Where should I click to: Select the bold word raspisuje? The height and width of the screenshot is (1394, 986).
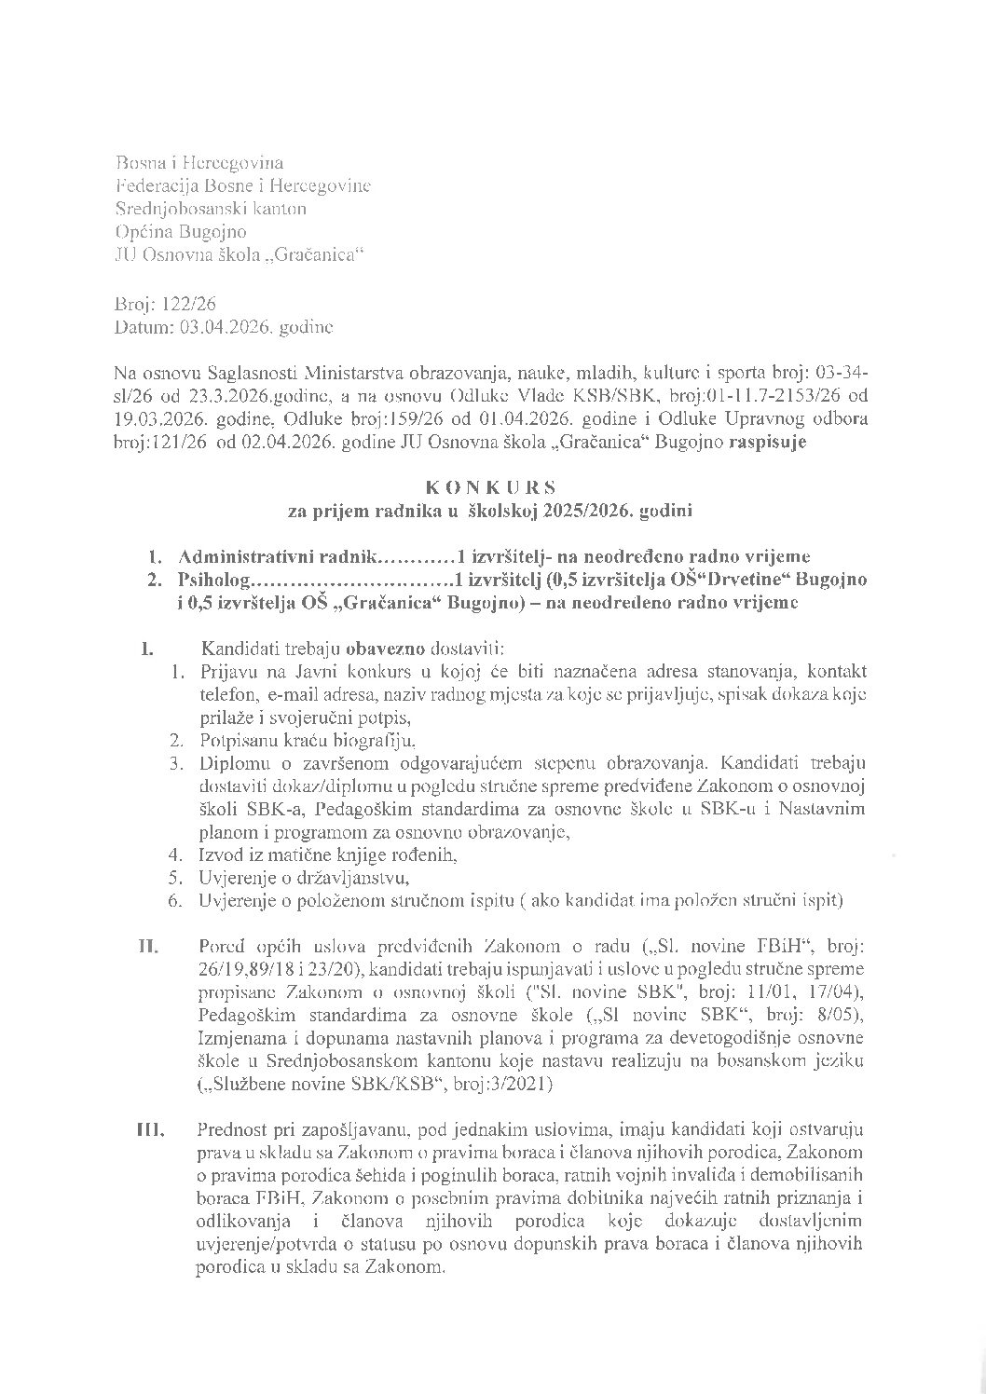770,444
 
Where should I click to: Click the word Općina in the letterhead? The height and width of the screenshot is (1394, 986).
142,231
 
